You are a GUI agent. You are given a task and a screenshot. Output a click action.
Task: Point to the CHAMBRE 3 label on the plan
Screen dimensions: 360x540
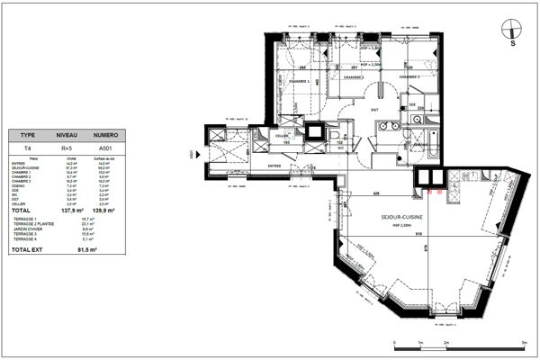[x=409, y=77]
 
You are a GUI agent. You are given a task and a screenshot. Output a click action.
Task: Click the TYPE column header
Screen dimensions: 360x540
[x=28, y=131]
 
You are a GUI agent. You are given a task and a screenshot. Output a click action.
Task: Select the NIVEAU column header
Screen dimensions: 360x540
[x=66, y=131]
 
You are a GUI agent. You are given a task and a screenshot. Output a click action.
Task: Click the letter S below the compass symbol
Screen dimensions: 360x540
[x=512, y=42]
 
